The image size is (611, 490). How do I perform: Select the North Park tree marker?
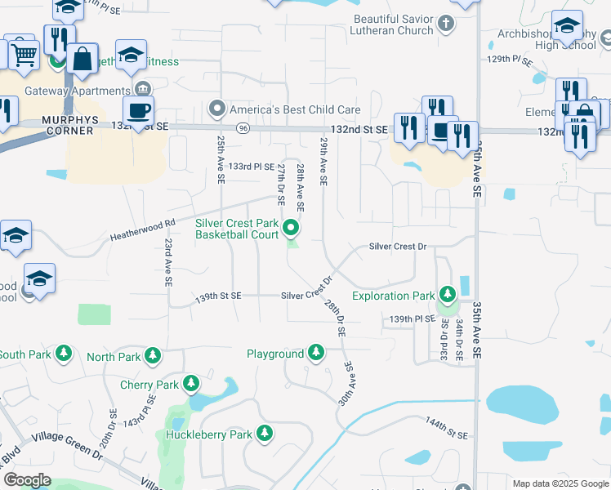click(152, 355)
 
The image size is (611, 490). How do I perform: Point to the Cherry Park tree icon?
click(191, 384)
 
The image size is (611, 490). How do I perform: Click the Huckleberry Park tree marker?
click(264, 433)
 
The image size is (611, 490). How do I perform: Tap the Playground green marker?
click(316, 354)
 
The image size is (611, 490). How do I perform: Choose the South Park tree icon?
click(63, 354)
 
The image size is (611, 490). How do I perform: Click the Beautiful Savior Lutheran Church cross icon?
click(446, 24)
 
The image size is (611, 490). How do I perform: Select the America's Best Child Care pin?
click(216, 109)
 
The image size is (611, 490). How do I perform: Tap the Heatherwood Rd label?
click(143, 231)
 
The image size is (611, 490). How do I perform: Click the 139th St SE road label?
click(219, 296)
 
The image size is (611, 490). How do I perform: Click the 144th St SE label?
click(446, 430)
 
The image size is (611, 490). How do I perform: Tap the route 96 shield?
click(243, 128)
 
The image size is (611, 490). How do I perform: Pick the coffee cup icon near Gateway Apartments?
click(138, 110)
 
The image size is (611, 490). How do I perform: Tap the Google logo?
click(27, 479)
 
